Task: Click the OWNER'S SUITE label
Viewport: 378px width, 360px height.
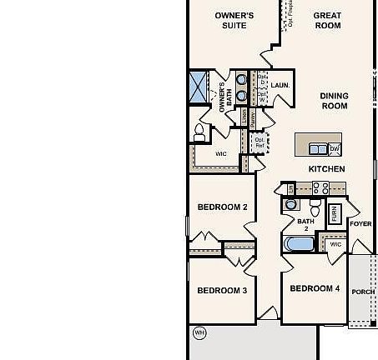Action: pos(234,20)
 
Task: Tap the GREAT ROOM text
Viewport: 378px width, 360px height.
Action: pos(327,20)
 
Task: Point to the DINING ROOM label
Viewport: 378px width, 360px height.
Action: pos(334,101)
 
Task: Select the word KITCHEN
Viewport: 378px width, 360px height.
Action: pos(326,169)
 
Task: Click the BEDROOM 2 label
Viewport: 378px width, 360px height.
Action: pos(222,207)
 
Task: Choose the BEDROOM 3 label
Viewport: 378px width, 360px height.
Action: pos(222,291)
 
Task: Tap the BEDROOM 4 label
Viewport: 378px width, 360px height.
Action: pos(315,288)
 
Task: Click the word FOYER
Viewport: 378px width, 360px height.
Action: pos(360,224)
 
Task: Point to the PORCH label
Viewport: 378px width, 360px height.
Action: pos(363,292)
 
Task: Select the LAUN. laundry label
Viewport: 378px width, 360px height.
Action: pos(280,85)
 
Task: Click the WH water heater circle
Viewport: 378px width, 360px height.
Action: pos(199,333)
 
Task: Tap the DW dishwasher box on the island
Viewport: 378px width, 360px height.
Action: pos(335,149)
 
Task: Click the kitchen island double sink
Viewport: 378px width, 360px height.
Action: pos(318,149)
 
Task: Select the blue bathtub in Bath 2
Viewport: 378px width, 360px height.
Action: pos(298,245)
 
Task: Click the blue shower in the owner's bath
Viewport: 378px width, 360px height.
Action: pos(199,87)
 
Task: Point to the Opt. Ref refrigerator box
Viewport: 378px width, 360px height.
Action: pos(260,143)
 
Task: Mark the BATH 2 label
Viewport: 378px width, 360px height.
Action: pos(306,224)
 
